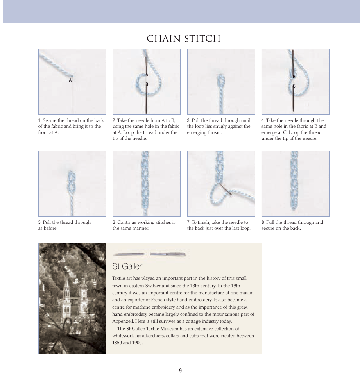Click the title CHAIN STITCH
[183, 39]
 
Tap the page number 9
[180, 370]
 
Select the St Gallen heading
[128, 266]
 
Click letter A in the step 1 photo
[70, 80]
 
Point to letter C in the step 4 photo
[294, 86]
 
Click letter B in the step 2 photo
[147, 84]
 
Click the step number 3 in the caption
[188, 120]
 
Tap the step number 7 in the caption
[188, 222]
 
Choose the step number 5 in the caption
[39, 222]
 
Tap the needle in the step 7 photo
[225, 189]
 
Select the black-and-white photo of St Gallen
[72, 298]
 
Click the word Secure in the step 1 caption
[50, 120]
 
